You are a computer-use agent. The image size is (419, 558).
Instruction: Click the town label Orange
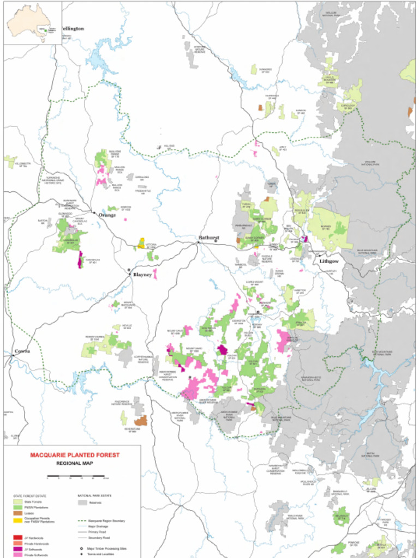pos(107,215)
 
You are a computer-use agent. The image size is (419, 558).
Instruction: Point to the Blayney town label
pos(143,275)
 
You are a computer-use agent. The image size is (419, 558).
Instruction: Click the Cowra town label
pos(22,351)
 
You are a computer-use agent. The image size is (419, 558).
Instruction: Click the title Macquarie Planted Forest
pos(74,455)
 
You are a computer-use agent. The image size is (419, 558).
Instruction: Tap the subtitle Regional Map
pos(74,463)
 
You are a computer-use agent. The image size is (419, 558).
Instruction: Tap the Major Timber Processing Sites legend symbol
pos(81,549)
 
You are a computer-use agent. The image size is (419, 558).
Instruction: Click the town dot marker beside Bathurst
pos(200,242)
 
